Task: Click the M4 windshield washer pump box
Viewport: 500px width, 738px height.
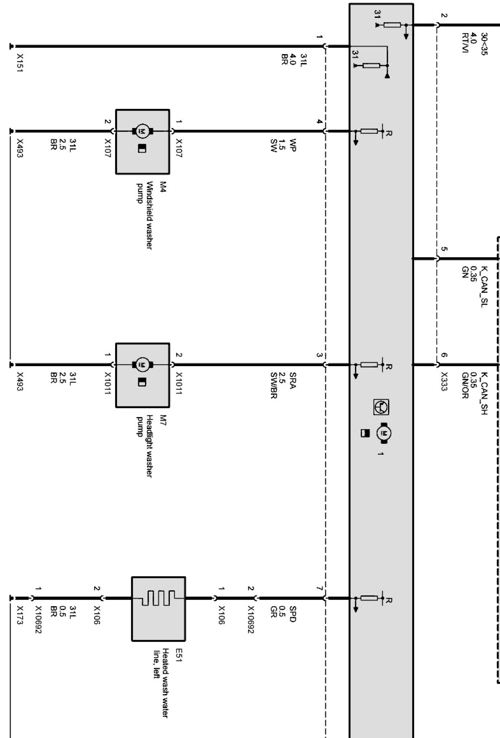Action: [x=143, y=142]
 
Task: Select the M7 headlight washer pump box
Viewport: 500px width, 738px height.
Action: [x=143, y=375]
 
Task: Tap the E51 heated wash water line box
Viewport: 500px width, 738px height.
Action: [x=159, y=608]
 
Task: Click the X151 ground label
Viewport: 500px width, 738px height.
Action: [x=20, y=63]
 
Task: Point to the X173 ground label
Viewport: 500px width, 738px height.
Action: [x=20, y=615]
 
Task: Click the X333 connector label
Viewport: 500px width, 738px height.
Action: [x=444, y=381]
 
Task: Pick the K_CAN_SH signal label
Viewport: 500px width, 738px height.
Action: [x=484, y=393]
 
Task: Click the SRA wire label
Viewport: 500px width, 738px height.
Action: [x=293, y=380]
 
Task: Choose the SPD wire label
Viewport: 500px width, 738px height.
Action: [x=293, y=614]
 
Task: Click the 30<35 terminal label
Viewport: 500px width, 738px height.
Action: [x=484, y=44]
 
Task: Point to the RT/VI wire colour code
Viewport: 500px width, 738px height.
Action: [x=464, y=43]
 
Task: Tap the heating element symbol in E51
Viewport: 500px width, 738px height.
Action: [x=159, y=598]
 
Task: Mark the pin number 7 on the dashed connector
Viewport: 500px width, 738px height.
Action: [x=319, y=589]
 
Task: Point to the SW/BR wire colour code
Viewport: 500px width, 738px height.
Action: [x=274, y=385]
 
